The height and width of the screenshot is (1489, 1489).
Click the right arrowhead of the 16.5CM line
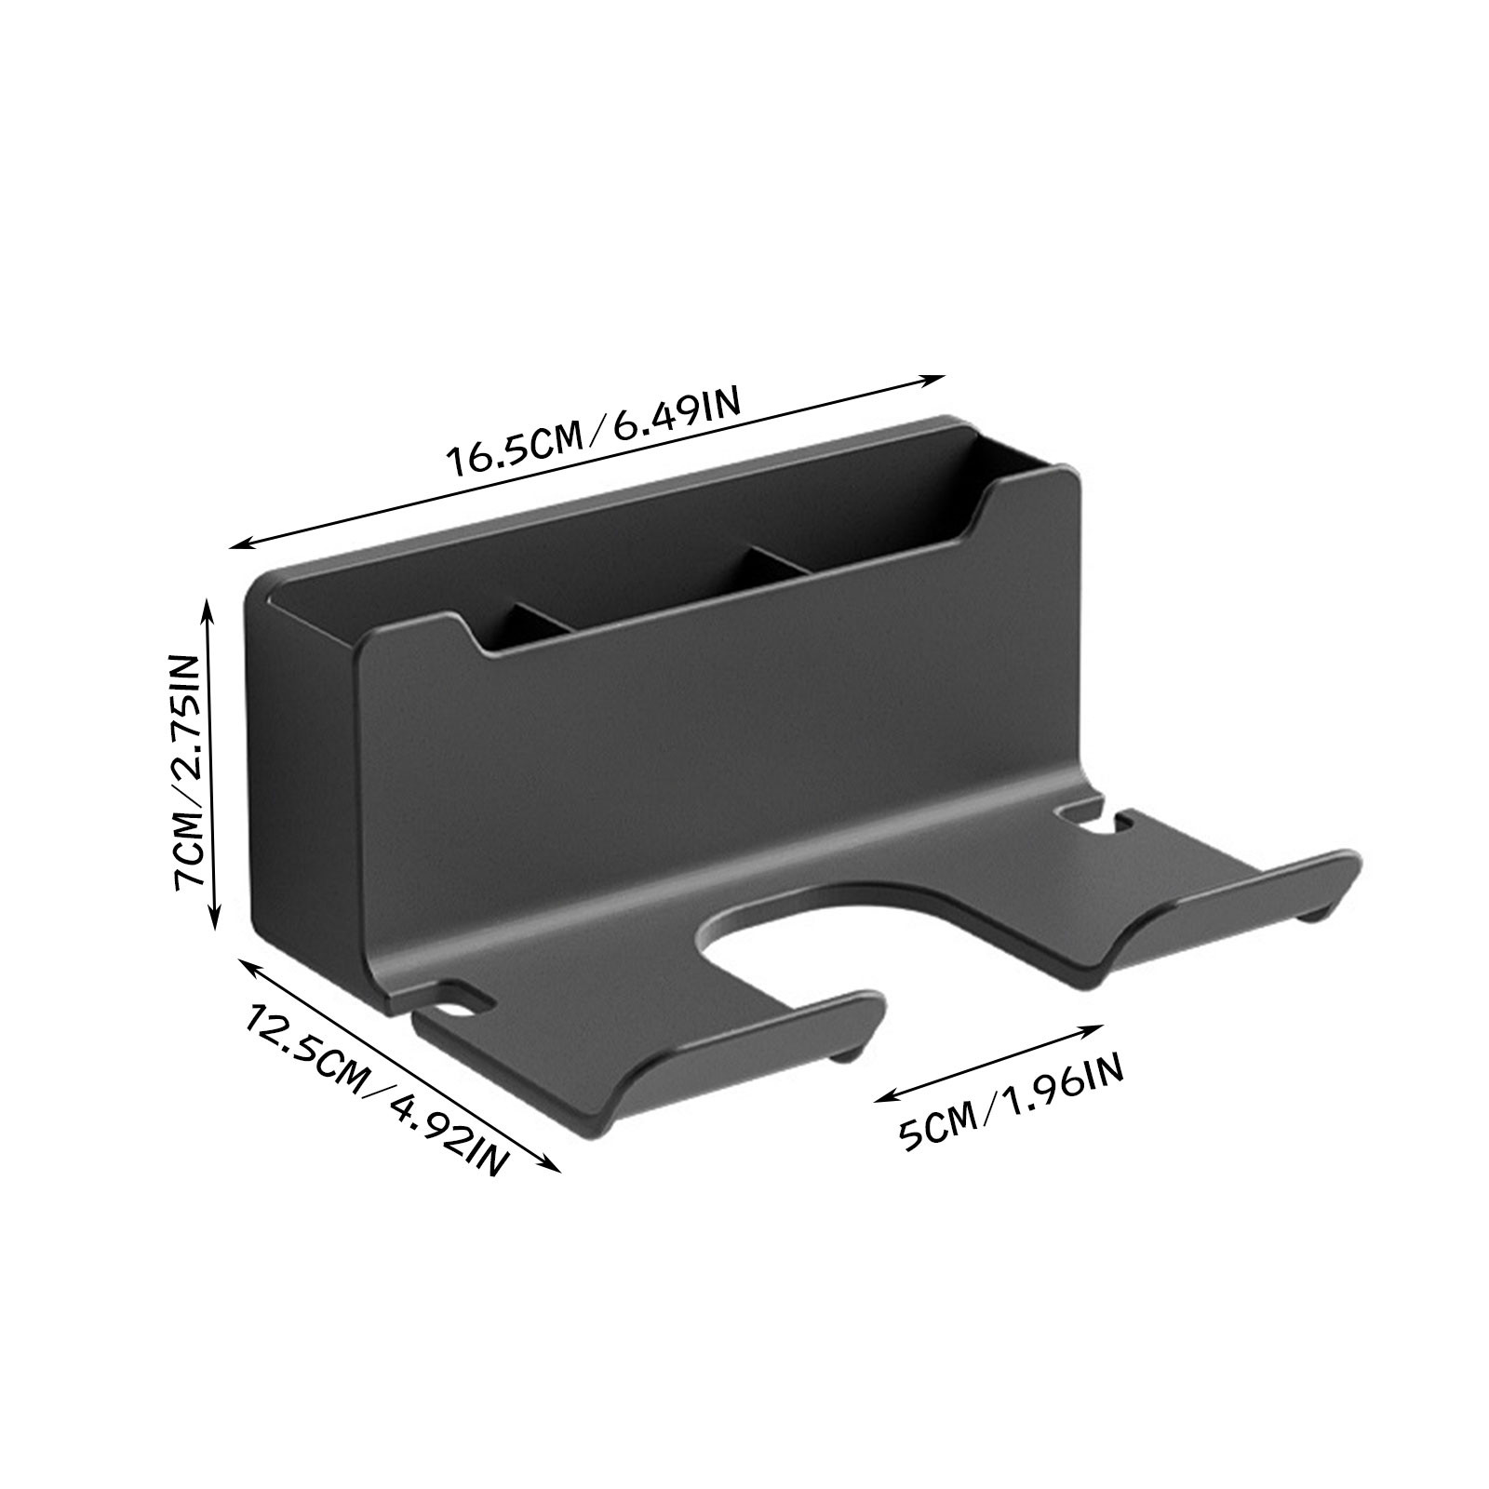(933, 378)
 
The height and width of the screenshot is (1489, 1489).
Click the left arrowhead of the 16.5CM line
(244, 543)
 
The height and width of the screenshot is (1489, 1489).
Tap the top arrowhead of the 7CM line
(209, 610)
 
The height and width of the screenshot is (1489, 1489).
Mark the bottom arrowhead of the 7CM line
(216, 924)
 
